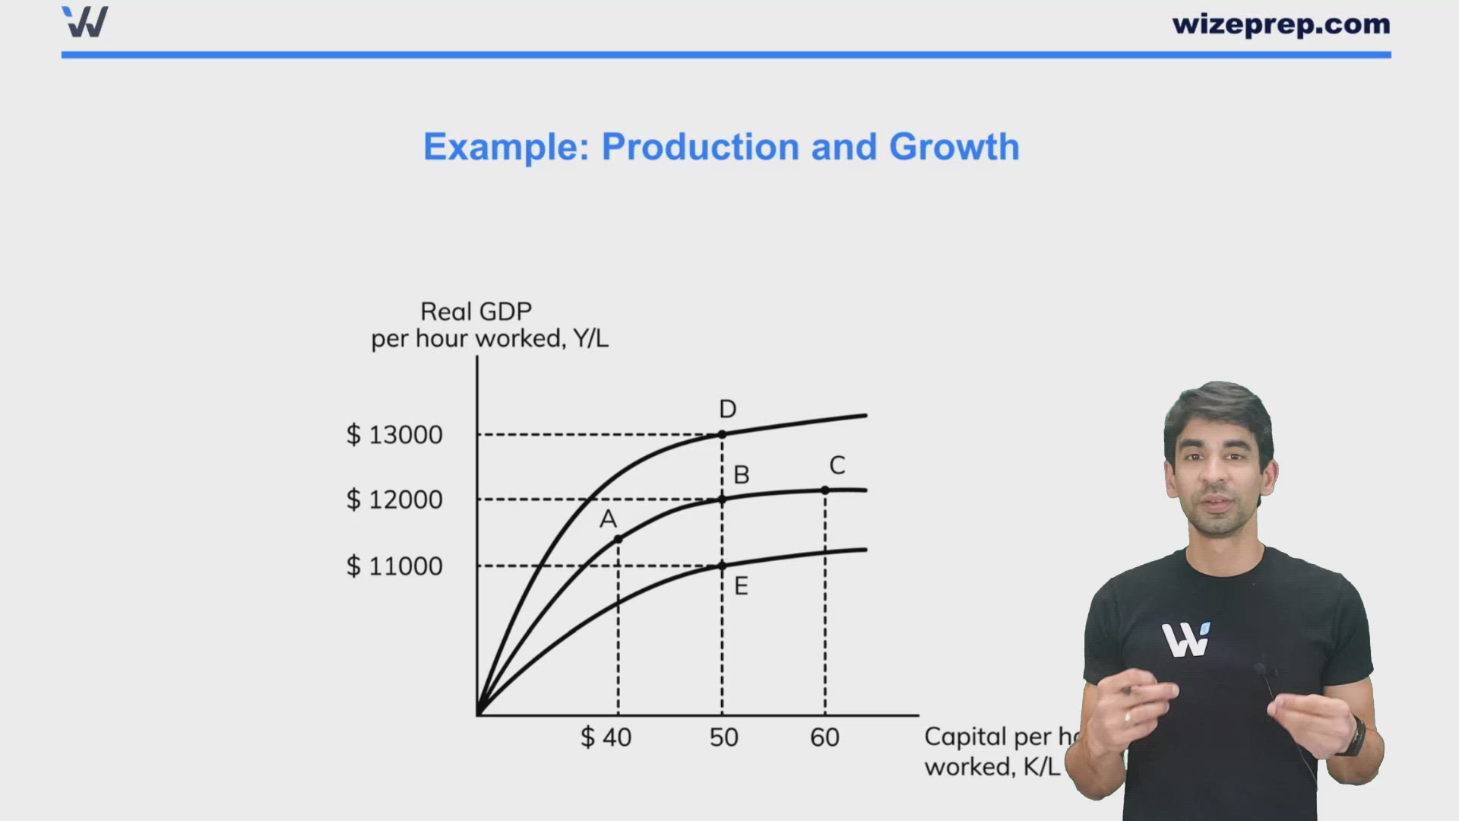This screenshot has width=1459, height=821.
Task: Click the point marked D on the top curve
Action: (x=722, y=434)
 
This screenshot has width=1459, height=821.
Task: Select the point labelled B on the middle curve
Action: (x=722, y=499)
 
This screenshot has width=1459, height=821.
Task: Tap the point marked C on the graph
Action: (x=825, y=490)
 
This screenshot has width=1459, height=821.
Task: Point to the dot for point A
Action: (x=618, y=539)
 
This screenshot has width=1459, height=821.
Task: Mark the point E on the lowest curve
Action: (x=722, y=566)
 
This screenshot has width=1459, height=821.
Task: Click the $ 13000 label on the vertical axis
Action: (x=394, y=435)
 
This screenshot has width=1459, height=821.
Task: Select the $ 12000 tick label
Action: (x=394, y=499)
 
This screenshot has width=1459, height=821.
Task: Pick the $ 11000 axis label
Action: (x=394, y=566)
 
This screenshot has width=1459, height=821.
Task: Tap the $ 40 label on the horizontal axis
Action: (x=606, y=737)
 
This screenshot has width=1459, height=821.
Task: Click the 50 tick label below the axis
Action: (x=723, y=737)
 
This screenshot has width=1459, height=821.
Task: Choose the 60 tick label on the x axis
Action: (x=824, y=737)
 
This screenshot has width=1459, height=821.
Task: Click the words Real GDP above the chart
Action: (x=476, y=312)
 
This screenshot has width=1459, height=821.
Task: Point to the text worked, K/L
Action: (x=992, y=766)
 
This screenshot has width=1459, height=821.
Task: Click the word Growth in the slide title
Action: (x=954, y=147)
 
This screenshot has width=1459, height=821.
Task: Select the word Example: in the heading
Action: (x=506, y=147)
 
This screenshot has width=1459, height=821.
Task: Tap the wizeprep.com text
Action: (x=1281, y=24)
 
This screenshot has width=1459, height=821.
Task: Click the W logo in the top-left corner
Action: (x=85, y=22)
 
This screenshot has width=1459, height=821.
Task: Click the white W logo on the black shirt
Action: (x=1185, y=640)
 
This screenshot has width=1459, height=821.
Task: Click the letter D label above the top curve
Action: (x=727, y=409)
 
